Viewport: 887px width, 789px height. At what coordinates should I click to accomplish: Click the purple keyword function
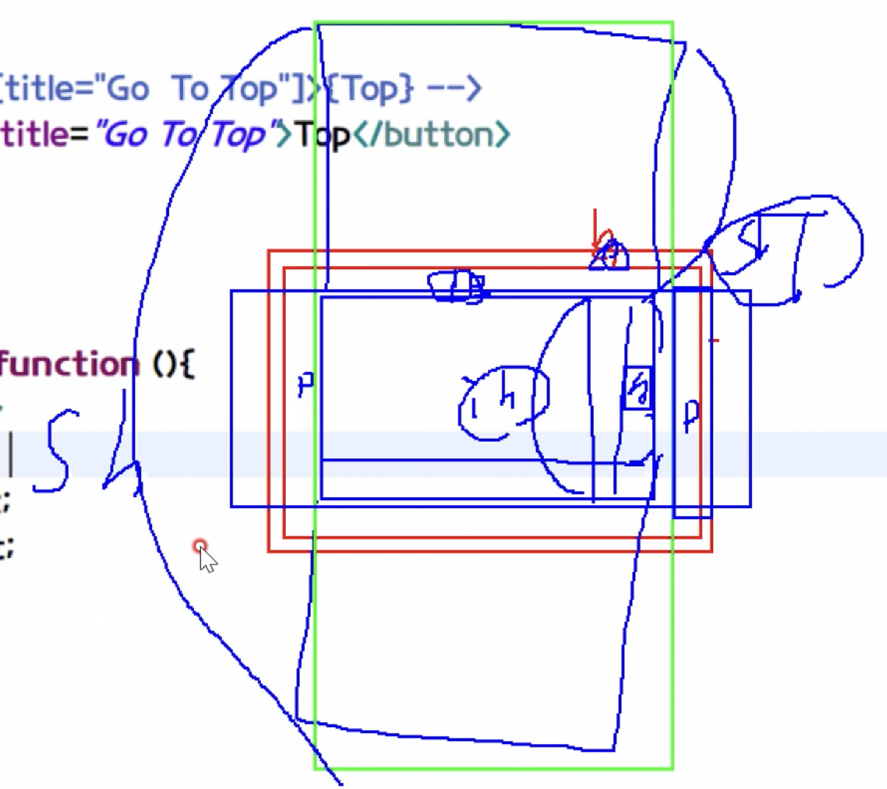(66, 364)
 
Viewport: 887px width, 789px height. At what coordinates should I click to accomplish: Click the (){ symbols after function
(173, 364)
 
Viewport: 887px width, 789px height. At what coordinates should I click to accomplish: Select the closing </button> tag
(432, 135)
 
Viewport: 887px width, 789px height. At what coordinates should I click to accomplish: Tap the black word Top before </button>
(323, 135)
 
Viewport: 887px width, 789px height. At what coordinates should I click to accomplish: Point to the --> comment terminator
(454, 89)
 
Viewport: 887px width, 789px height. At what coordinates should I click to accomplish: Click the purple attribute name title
(32, 135)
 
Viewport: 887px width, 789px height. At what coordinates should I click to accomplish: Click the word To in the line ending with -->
(189, 89)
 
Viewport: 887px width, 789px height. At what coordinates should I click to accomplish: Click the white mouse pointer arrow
(207, 560)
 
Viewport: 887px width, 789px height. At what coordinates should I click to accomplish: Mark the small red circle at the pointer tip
(200, 546)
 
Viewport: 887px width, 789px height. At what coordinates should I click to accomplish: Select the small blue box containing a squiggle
(638, 387)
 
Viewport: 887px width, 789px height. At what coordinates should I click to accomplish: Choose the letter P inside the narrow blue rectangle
(692, 415)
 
